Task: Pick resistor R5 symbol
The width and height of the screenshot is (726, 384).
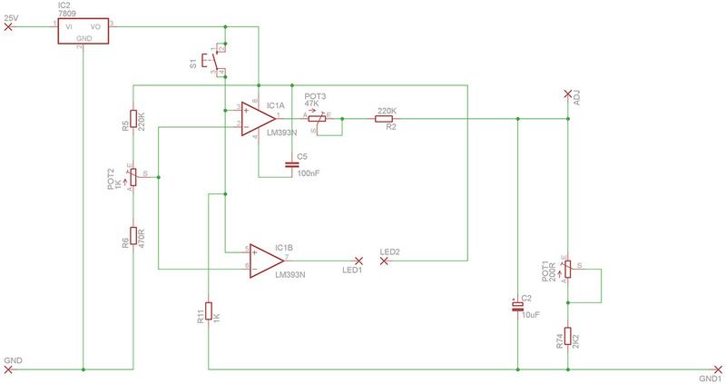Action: coord(133,120)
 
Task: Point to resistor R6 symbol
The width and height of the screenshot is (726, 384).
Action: coord(133,236)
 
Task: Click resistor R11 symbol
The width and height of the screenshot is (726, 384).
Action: coord(209,311)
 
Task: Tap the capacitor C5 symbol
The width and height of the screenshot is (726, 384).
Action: coord(290,164)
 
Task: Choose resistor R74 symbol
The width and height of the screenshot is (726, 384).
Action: coord(568,337)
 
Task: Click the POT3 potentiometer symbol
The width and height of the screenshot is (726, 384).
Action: coord(315,119)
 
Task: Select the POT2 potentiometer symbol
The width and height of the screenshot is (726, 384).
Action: coord(133,177)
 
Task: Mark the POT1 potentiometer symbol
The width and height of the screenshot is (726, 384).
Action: coord(568,271)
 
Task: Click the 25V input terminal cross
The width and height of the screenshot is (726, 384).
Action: coord(10,27)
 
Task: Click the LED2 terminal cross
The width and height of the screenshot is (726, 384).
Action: coord(384,261)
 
